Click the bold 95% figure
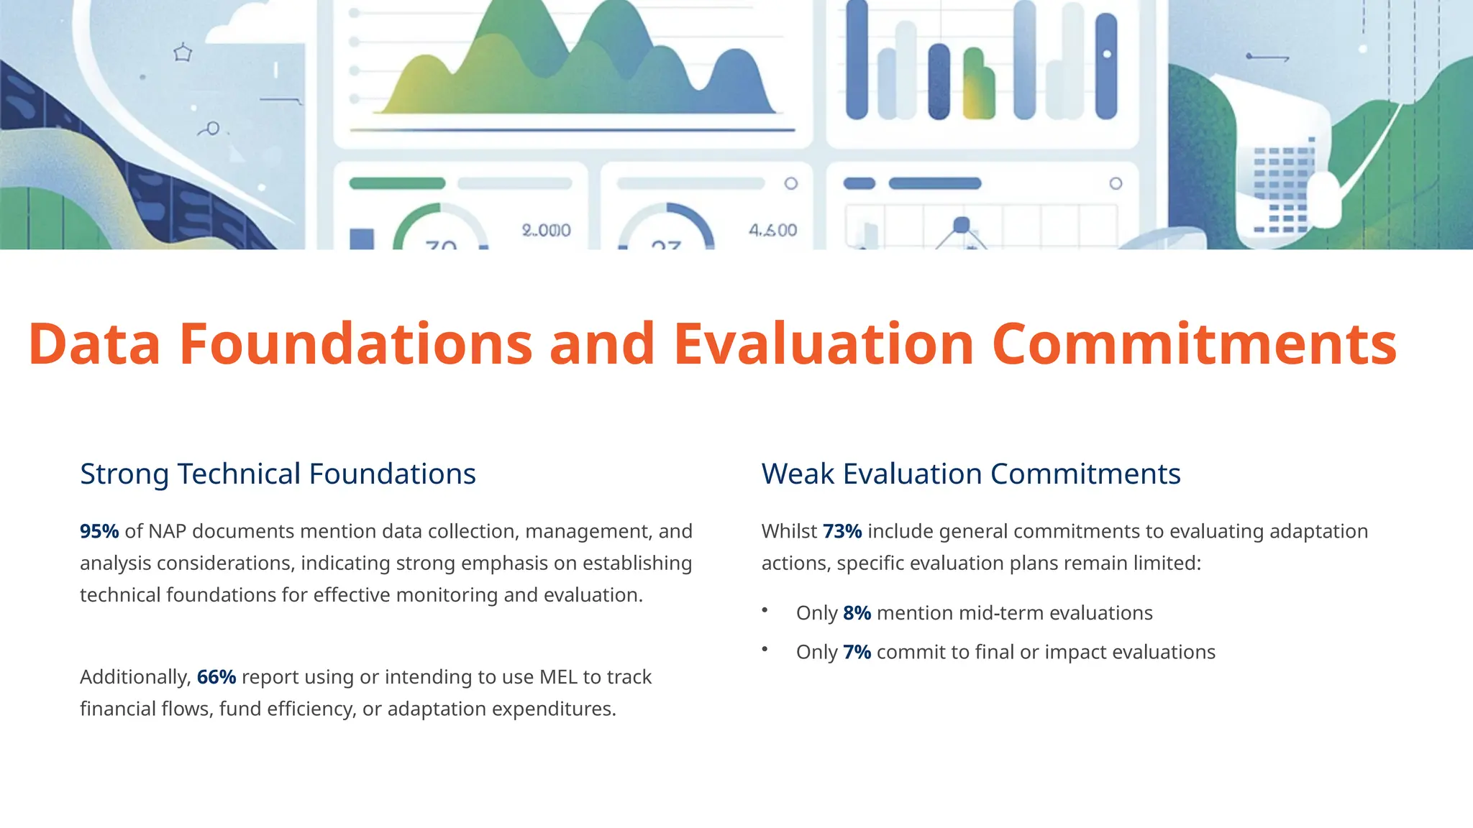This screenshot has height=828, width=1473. (x=99, y=532)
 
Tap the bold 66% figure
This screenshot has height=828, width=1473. (x=216, y=677)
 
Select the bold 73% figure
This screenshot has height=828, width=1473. (x=842, y=532)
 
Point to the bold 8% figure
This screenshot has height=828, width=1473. (x=857, y=613)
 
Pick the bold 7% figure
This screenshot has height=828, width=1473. (x=857, y=652)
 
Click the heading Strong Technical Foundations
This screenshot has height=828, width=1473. (x=278, y=474)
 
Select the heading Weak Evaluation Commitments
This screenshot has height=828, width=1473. (x=971, y=474)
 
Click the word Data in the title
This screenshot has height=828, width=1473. (x=94, y=344)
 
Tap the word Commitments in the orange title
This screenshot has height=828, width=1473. (x=1194, y=344)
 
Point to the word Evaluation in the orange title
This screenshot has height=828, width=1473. (x=824, y=344)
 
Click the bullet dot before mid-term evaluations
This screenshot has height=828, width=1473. (x=765, y=610)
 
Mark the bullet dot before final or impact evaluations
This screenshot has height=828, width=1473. (x=765, y=649)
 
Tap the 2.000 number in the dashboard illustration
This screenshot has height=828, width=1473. (x=546, y=231)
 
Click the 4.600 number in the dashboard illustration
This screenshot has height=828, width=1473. (x=772, y=231)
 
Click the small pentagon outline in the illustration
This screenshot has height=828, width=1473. (x=183, y=52)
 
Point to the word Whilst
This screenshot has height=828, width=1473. (x=789, y=532)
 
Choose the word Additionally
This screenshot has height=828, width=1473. (x=135, y=677)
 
